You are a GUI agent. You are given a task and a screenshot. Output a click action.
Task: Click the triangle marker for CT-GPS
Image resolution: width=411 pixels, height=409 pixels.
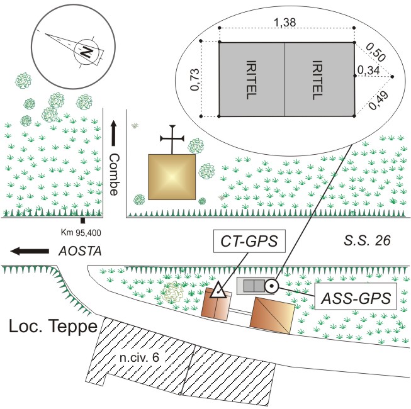pyautogui.click(x=218, y=291)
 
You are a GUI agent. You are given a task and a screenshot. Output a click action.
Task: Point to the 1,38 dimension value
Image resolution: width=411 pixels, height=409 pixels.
pyautogui.click(x=287, y=22)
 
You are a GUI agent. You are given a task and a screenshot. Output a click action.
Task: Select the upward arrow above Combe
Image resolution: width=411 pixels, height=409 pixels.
pyautogui.click(x=114, y=133)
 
